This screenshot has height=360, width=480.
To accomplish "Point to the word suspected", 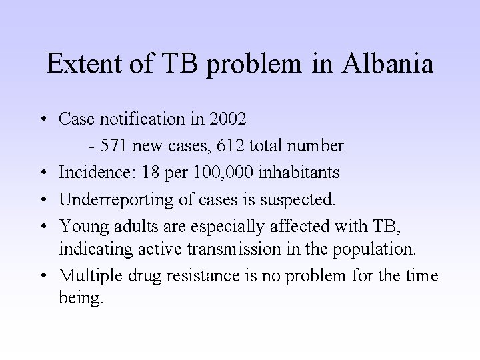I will (x=303, y=199).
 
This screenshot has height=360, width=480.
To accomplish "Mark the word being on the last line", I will (x=81, y=299).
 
